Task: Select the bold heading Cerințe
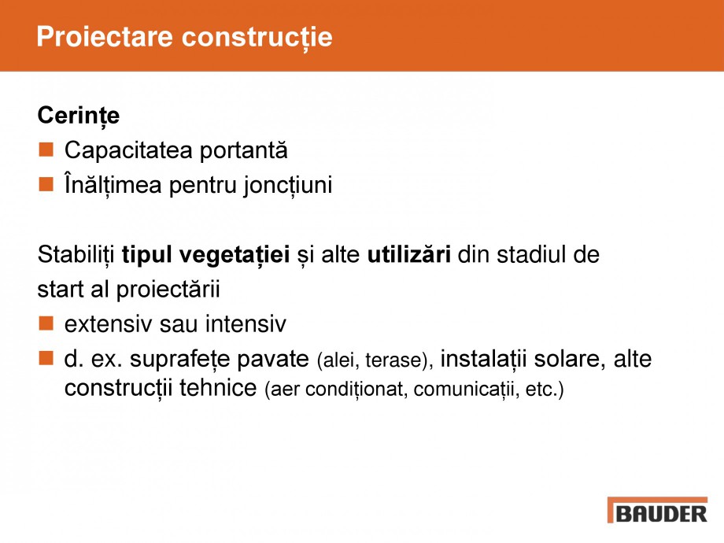tap(79, 116)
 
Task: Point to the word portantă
tap(242, 150)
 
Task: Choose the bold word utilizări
tap(408, 255)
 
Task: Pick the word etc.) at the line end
tap(545, 390)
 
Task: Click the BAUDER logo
tap(657, 511)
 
